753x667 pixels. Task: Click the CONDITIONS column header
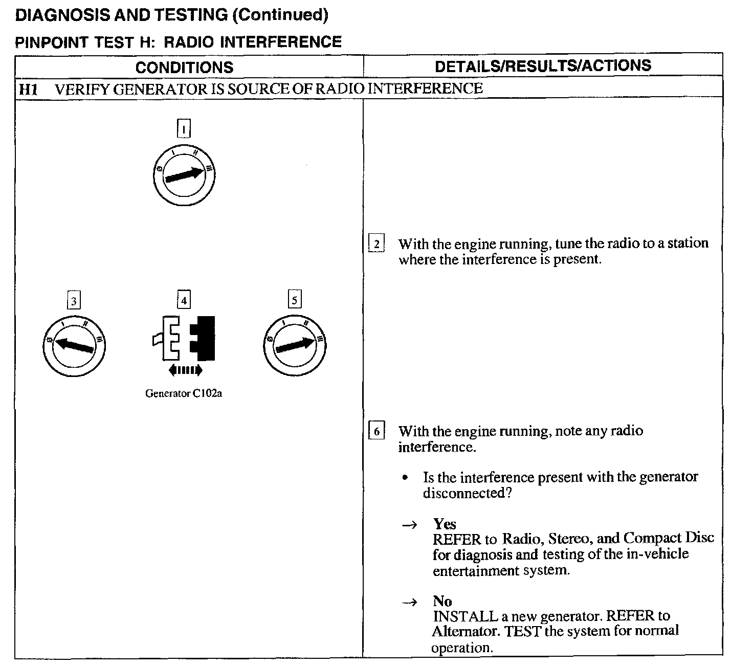[184, 67]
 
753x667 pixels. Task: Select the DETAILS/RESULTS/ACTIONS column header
[543, 65]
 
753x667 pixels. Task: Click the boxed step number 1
[184, 128]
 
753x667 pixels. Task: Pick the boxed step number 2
[376, 243]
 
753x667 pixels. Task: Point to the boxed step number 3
[74, 301]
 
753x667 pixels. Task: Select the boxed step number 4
[184, 300]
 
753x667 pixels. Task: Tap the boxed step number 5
[294, 300]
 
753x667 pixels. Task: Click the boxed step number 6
[376, 431]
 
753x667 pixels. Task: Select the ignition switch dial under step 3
[74, 346]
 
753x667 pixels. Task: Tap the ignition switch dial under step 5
[295, 346]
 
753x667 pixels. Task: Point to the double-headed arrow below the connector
[185, 370]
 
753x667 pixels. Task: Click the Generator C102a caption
[184, 393]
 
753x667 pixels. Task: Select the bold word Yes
[445, 524]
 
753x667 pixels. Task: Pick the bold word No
[442, 601]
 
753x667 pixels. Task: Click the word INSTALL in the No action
[465, 616]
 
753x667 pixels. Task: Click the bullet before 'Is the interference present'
[405, 478]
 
